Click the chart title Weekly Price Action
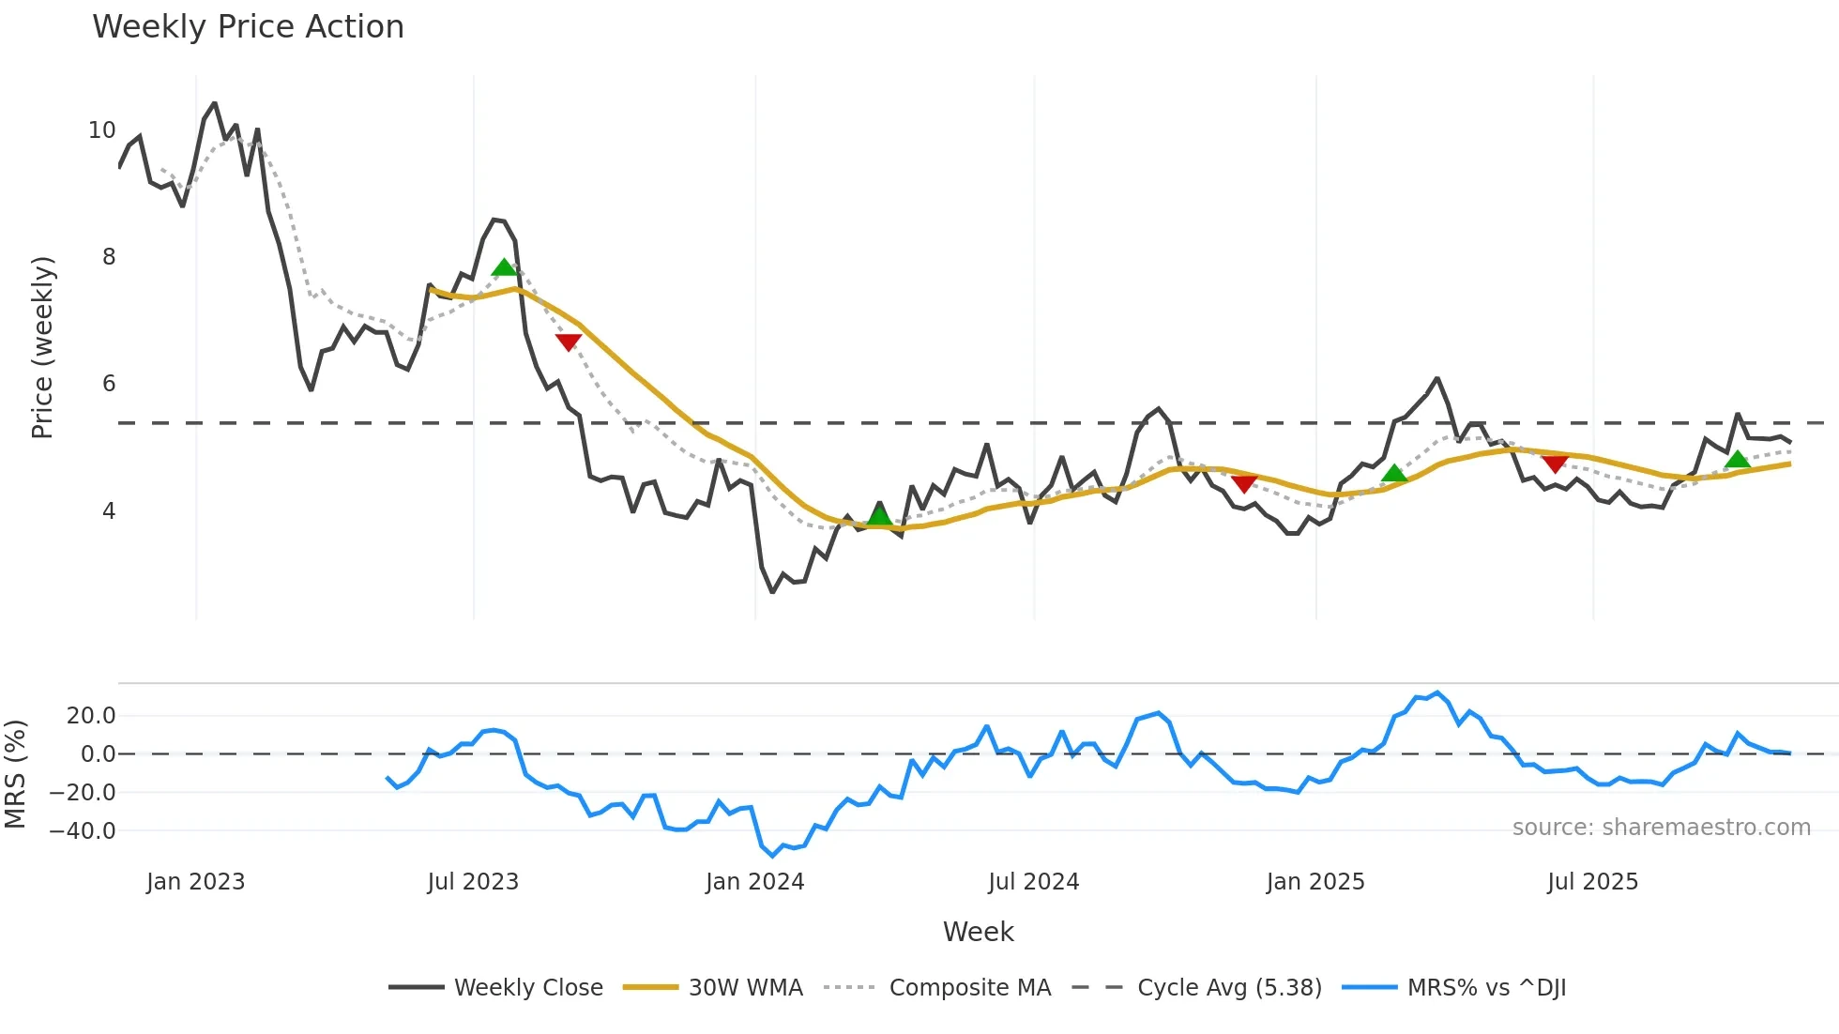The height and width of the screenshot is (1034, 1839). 248,27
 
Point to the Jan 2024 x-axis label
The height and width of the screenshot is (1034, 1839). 755,882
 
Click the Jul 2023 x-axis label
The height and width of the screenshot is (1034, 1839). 473,882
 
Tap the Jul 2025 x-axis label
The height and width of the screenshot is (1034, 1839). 1592,882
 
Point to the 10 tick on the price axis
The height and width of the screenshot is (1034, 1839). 102,130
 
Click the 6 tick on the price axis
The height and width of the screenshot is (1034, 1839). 109,384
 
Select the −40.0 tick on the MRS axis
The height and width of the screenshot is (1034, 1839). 83,831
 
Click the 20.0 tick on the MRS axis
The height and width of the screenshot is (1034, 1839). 91,716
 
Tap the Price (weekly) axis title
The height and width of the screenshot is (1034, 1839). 43,347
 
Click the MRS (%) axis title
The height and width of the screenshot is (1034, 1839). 16,774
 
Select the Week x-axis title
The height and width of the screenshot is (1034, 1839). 978,932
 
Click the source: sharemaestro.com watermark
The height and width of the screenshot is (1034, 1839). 1661,828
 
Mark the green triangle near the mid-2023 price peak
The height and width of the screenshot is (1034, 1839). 504,267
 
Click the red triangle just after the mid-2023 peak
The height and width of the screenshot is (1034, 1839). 569,342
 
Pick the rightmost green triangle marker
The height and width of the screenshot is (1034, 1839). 1738,459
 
